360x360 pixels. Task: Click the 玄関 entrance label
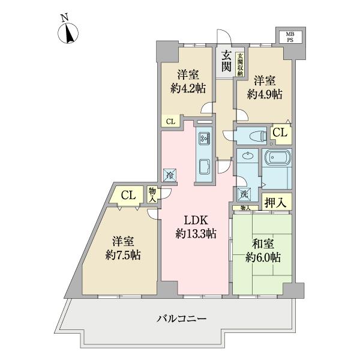(x=226, y=59)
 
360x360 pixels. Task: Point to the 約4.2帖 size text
(x=188, y=88)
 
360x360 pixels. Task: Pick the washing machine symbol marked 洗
(x=243, y=193)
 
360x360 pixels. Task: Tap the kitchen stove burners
(x=203, y=138)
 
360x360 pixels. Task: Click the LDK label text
(x=196, y=219)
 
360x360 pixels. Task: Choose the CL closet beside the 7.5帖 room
(x=127, y=195)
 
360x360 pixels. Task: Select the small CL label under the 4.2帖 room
(x=170, y=121)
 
